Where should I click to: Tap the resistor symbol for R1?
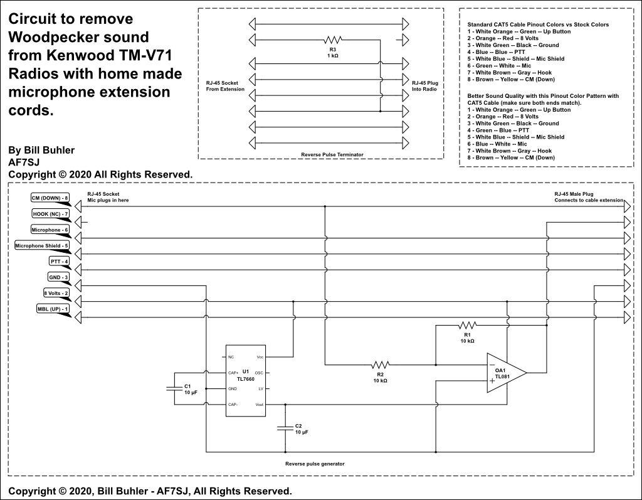click(468, 325)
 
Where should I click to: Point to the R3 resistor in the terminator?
click(333, 40)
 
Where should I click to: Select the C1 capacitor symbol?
click(174, 388)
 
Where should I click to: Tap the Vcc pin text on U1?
click(260, 357)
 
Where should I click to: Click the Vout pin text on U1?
click(259, 405)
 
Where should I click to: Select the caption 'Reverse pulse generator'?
click(314, 464)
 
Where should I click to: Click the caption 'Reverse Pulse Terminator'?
click(332, 154)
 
